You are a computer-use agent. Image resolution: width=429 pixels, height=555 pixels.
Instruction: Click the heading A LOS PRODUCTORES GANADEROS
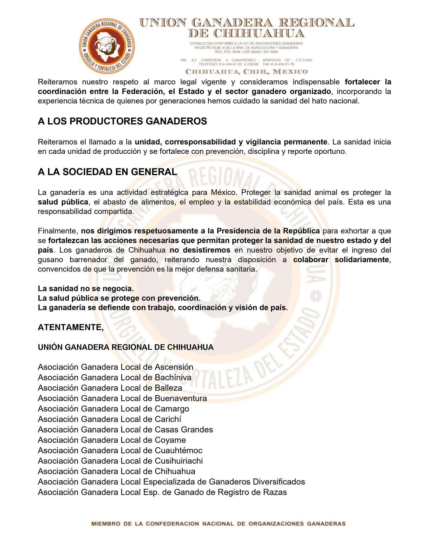(x=122, y=121)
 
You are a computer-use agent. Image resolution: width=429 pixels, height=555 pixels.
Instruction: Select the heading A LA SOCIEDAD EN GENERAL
(x=107, y=172)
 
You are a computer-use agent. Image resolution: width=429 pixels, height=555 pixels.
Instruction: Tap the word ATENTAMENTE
(x=70, y=327)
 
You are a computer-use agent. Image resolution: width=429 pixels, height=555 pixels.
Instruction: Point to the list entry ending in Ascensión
(x=115, y=367)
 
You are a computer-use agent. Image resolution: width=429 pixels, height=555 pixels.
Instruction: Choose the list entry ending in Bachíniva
(x=114, y=377)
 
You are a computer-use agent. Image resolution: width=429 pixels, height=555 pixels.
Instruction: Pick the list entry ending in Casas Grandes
(x=125, y=430)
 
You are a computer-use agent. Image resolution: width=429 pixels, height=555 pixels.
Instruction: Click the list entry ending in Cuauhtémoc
(x=120, y=450)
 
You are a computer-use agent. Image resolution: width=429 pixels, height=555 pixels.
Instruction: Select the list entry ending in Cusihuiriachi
(x=120, y=461)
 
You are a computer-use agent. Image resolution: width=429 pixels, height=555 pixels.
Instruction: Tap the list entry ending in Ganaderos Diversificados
(x=171, y=482)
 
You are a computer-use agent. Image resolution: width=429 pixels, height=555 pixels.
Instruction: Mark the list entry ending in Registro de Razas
(x=162, y=492)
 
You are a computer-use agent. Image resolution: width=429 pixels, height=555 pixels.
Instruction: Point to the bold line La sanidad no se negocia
(x=86, y=288)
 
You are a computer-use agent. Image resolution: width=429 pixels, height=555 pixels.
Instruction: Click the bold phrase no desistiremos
(x=200, y=250)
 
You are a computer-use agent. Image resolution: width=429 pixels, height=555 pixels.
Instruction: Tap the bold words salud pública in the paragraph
(x=63, y=202)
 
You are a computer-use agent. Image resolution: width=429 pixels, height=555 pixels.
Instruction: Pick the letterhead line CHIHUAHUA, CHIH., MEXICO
(x=246, y=72)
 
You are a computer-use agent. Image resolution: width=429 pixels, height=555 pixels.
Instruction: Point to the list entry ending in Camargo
(x=113, y=409)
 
